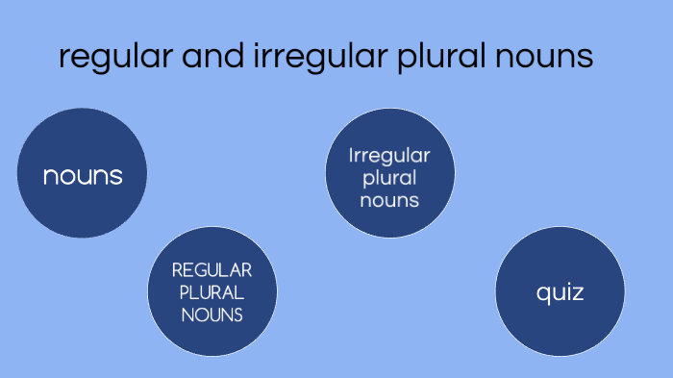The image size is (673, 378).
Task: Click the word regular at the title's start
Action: (106, 57)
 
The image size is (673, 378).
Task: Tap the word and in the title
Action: (198, 57)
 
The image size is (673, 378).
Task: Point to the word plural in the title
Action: (422, 57)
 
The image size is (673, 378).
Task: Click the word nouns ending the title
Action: (538, 57)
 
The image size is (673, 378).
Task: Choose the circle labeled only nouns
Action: (83, 174)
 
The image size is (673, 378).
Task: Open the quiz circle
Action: (561, 291)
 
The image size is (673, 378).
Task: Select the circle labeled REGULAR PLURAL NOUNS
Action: (212, 290)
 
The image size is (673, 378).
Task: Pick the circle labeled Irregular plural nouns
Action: (389, 174)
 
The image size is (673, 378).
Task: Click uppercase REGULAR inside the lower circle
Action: (212, 270)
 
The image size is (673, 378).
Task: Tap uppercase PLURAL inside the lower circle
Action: (212, 291)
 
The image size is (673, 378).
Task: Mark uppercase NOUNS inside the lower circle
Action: (212, 313)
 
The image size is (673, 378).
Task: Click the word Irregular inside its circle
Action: (389, 155)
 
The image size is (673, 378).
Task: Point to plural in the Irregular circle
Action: (389, 179)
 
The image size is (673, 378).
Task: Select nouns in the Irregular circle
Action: (389, 200)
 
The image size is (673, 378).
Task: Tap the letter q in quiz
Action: (543, 293)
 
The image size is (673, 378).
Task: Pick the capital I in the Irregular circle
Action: (352, 155)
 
